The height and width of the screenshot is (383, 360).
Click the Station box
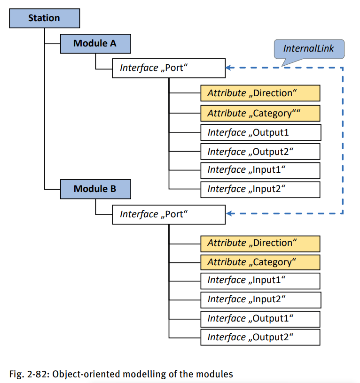tap(44, 18)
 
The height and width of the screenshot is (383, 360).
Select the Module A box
tap(95, 44)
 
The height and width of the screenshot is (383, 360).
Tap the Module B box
tap(95, 189)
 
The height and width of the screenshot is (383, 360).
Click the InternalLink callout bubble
tap(309, 49)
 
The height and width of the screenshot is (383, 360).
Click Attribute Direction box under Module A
tap(260, 93)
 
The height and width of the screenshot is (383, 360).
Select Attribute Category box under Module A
tap(260, 113)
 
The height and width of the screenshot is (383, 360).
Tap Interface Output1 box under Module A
tap(260, 132)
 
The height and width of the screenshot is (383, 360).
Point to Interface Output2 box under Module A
tap(260, 152)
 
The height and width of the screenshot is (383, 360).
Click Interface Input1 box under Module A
tap(260, 170)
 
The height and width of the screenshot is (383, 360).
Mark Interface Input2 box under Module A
tap(260, 189)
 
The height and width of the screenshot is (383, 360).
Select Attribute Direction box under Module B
tap(260, 243)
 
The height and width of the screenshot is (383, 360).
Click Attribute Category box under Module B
tap(260, 262)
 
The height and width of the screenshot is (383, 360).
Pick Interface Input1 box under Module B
tap(260, 281)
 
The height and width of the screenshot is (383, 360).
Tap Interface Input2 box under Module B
tap(260, 299)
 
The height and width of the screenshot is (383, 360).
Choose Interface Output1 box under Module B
tap(260, 318)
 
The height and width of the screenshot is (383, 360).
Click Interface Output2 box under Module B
tap(260, 337)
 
